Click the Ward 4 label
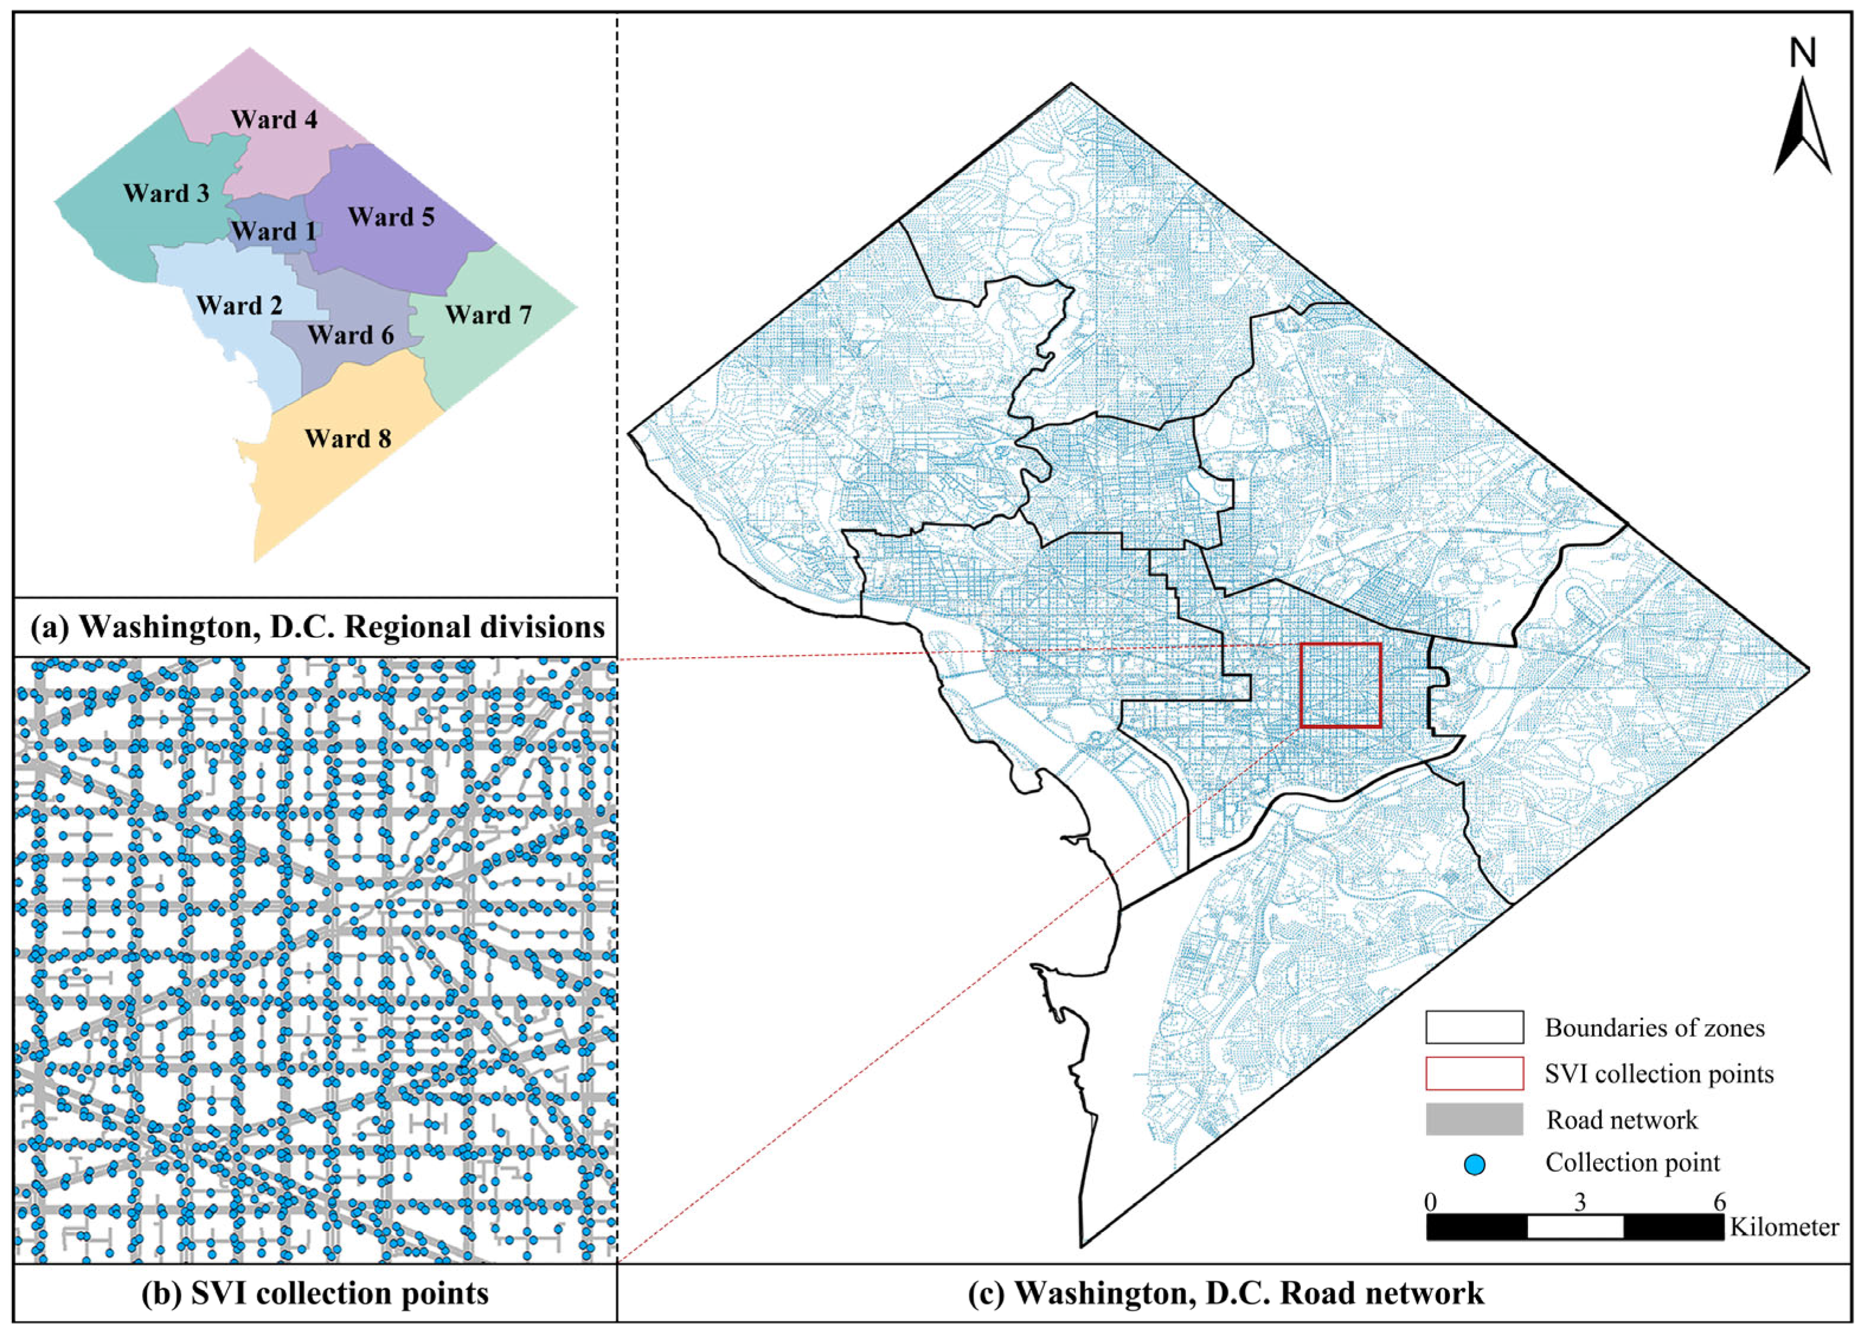tap(274, 120)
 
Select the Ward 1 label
tap(273, 232)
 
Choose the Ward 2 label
tap(239, 306)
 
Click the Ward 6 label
tap(351, 336)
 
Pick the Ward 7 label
tap(488, 315)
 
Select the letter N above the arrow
tap(1802, 53)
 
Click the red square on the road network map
tap(1340, 685)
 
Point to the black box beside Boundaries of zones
tap(1474, 1028)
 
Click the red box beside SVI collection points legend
tap(1474, 1073)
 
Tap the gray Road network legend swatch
tap(1474, 1120)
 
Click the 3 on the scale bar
tap(1580, 1202)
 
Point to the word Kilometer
tap(1784, 1227)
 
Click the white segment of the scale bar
tap(1575, 1227)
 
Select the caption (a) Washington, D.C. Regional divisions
tap(317, 627)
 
